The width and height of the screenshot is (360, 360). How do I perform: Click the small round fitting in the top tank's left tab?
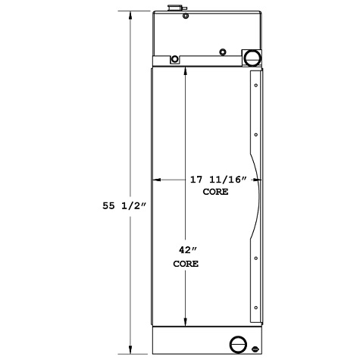pos(175,60)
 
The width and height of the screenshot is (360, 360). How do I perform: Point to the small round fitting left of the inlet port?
pos(222,52)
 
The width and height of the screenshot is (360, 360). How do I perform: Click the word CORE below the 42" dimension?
pos(186,265)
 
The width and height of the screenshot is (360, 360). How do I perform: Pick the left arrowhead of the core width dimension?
pos(157,180)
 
